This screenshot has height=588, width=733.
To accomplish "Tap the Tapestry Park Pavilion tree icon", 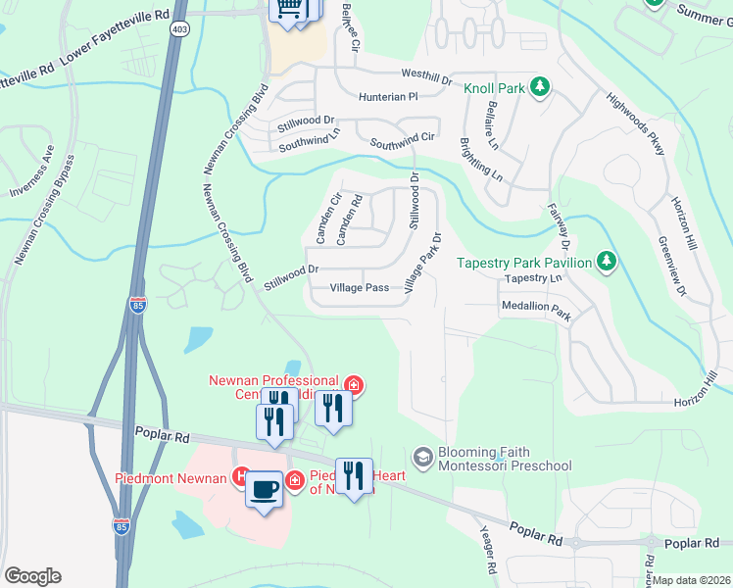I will click(x=608, y=262).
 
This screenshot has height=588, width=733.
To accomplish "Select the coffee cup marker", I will click(x=264, y=487).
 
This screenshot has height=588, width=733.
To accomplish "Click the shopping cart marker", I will click(x=289, y=8).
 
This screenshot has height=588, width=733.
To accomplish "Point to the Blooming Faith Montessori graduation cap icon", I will click(x=423, y=456).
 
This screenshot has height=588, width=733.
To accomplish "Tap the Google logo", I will click(x=32, y=576).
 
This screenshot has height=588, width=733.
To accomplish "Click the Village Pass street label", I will click(x=359, y=288).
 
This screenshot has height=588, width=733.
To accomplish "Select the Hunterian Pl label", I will click(x=388, y=97).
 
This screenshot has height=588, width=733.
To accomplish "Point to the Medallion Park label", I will click(x=535, y=307).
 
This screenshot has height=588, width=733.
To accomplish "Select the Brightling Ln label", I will click(x=481, y=160).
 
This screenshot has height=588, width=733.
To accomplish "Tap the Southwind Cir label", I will click(x=402, y=144).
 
